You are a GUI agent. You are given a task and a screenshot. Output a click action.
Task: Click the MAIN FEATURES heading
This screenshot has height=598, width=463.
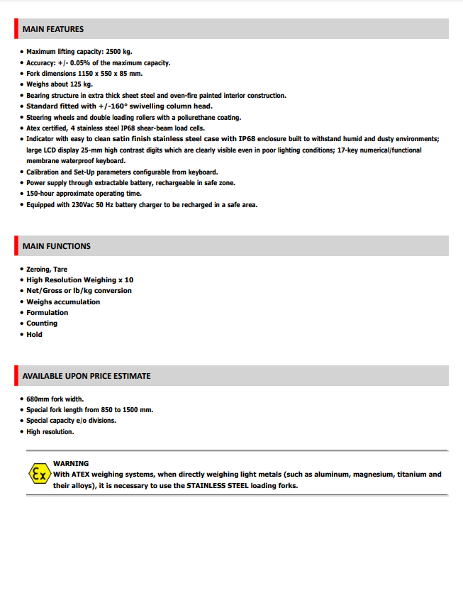pos(53,29)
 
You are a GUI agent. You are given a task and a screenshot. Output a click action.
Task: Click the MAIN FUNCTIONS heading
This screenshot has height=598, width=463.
pos(57,246)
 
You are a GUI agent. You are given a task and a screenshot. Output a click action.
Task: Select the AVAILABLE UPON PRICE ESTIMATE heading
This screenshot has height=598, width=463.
pos(87,376)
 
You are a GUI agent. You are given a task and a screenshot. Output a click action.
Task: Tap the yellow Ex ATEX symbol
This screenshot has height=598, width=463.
pos(38,474)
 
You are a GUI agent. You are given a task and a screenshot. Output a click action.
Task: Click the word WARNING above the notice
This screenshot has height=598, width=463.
pos(71,463)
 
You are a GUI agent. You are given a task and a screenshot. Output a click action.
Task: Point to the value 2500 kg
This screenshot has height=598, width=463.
pos(118,52)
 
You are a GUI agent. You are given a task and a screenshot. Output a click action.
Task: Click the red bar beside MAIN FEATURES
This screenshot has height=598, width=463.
pos(16,29)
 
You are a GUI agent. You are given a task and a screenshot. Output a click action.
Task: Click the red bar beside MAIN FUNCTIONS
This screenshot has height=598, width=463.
pos(16,246)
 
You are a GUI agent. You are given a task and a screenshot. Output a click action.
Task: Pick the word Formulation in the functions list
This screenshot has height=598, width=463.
pos(48,313)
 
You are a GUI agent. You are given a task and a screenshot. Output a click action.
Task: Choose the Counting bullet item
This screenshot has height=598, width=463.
pos(42,323)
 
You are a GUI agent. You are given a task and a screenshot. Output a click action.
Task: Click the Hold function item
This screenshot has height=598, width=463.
pos(34,335)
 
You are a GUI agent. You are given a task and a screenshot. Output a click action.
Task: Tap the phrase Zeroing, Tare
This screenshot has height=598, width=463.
pos(47,270)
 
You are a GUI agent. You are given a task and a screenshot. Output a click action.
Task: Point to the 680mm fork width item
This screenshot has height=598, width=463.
pos(55,399)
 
